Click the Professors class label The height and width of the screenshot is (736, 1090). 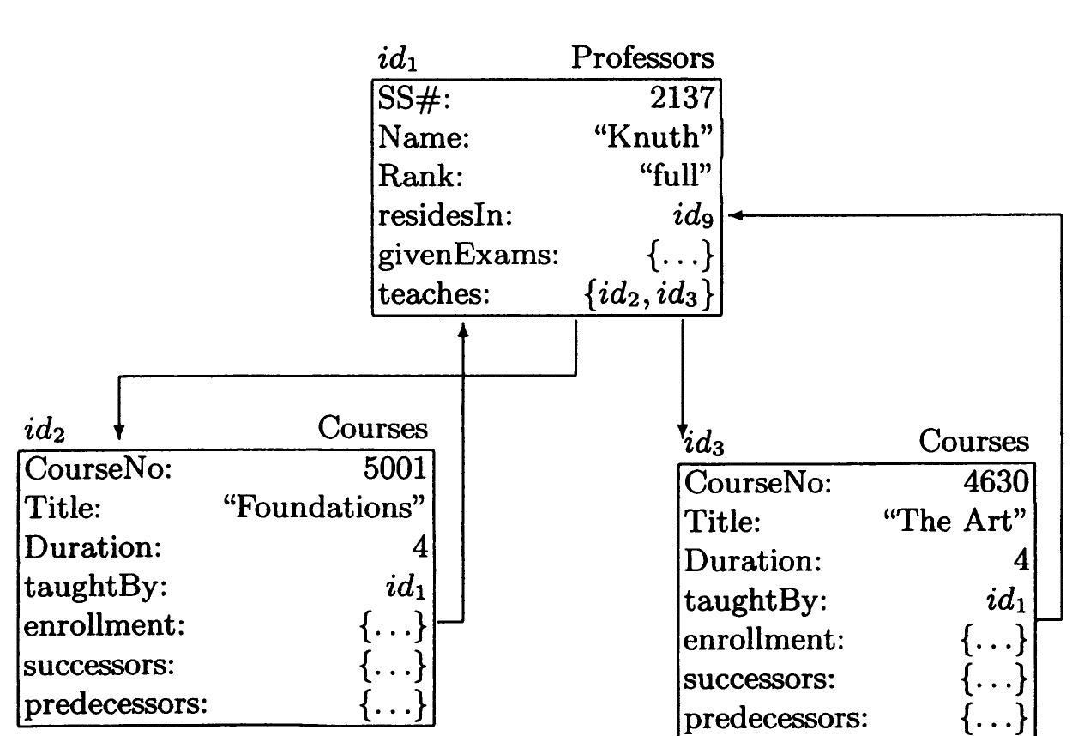642,58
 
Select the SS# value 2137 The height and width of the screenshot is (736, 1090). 682,98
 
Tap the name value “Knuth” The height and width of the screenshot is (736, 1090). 653,136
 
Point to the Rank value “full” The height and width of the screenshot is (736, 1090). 676,175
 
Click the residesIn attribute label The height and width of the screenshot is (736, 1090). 445,215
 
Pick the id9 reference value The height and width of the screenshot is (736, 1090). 693,215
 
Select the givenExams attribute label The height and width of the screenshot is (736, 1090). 468,255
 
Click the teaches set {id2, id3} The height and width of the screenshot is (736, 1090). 648,293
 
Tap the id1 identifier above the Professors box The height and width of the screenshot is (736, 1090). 397,60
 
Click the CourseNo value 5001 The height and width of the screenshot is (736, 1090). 394,468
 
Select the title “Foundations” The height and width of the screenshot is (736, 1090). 323,508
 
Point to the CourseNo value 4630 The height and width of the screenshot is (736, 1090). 996,482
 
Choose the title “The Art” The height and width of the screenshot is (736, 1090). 955,522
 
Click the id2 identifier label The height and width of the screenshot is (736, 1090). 45,430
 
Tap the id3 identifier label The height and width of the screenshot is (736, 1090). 704,443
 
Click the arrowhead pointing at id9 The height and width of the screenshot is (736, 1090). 735,215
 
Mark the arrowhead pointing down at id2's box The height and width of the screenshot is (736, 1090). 119,432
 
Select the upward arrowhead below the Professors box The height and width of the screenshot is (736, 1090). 463,330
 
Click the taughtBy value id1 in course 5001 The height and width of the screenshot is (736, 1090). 406,586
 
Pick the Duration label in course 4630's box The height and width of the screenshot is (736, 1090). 753,561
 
